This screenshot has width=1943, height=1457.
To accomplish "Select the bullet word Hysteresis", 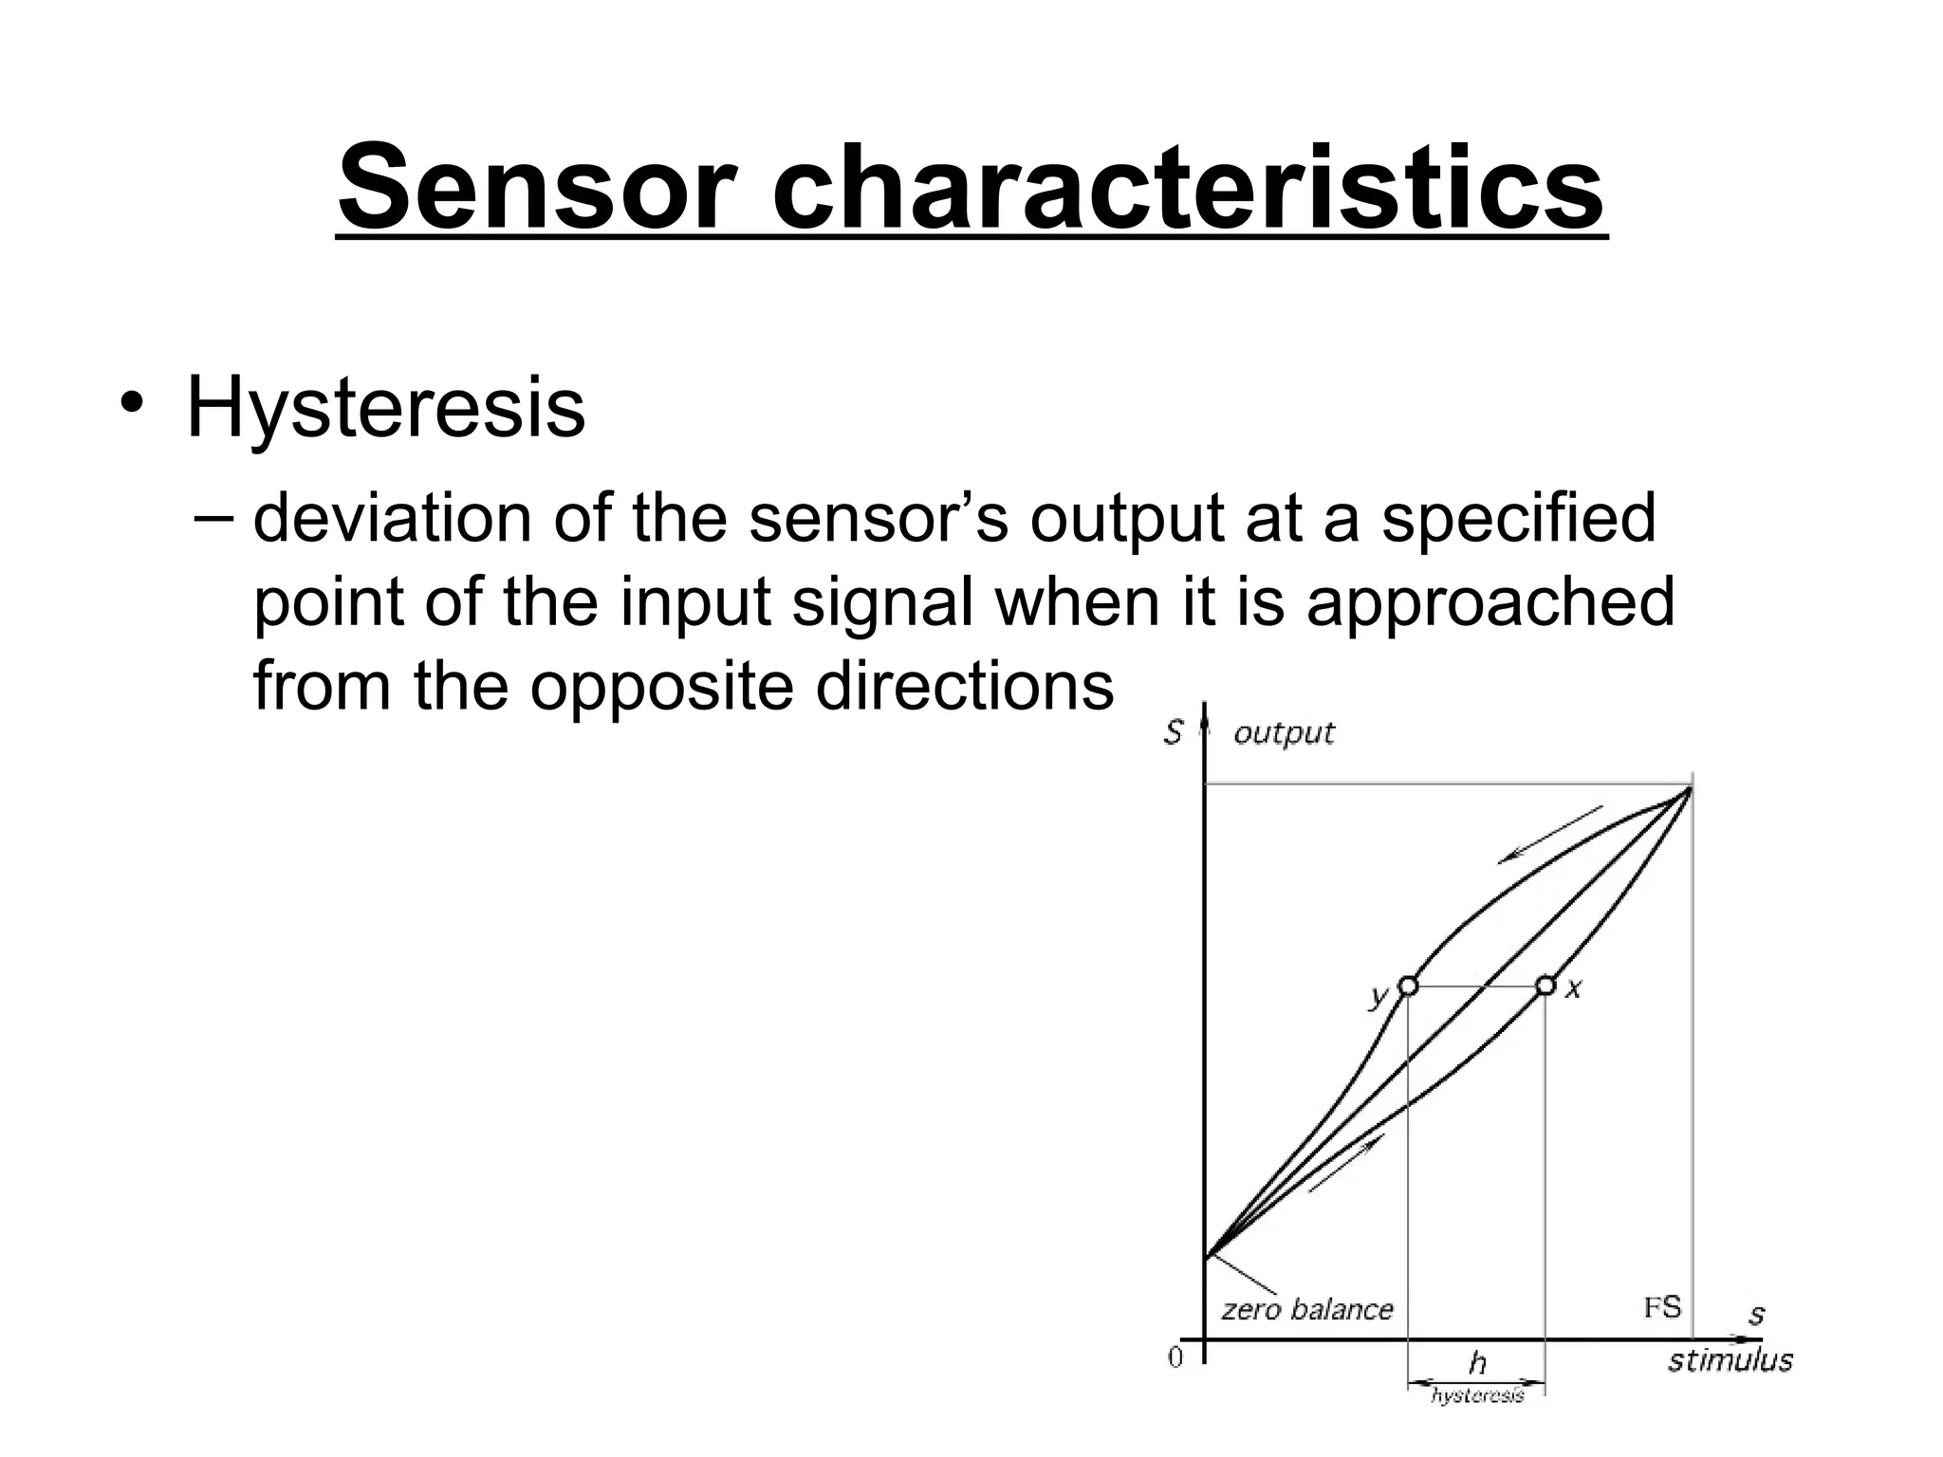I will pos(385,408).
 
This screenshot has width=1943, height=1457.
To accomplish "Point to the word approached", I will pos(1490,603).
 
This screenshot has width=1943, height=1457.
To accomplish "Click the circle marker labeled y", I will pos(1409,986).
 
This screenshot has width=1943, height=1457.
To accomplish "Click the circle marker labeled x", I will pos(1545,986).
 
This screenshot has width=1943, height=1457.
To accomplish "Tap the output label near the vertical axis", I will pos(1284,732).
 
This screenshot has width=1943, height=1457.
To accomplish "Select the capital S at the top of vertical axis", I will pos(1174,732).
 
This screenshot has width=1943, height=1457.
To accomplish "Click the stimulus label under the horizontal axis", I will pos(1730,1360).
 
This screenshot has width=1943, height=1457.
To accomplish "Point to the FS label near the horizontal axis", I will pos(1662,1308).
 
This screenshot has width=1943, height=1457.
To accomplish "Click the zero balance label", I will pos(1306,1310).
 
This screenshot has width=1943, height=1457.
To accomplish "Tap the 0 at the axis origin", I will pos(1176,1358).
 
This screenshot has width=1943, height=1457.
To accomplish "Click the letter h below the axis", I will pos(1477,1364).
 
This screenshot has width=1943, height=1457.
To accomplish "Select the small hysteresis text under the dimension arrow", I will pos(1477,1395).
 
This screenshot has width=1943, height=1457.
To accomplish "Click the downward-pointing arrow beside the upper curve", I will pos(1549,835).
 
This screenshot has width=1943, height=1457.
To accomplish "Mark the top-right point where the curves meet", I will pos(1691,787).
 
